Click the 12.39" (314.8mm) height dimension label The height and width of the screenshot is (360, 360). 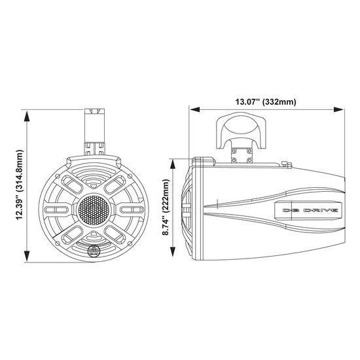click(12, 185)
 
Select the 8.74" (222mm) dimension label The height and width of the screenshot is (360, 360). click(167, 209)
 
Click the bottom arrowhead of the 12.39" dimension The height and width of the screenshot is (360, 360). click(27, 258)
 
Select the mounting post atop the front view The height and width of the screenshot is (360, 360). click(95, 131)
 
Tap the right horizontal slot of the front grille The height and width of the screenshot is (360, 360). click(128, 209)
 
